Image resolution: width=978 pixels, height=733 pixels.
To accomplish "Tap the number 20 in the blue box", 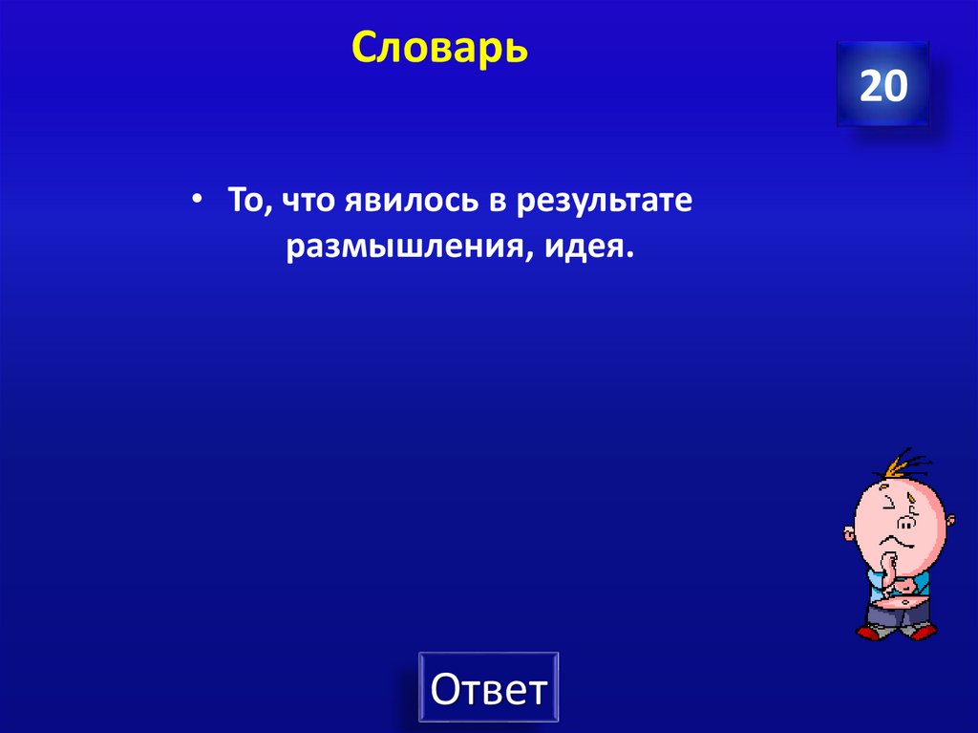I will click(882, 86).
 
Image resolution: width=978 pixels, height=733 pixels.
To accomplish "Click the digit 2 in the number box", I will click(871, 86).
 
